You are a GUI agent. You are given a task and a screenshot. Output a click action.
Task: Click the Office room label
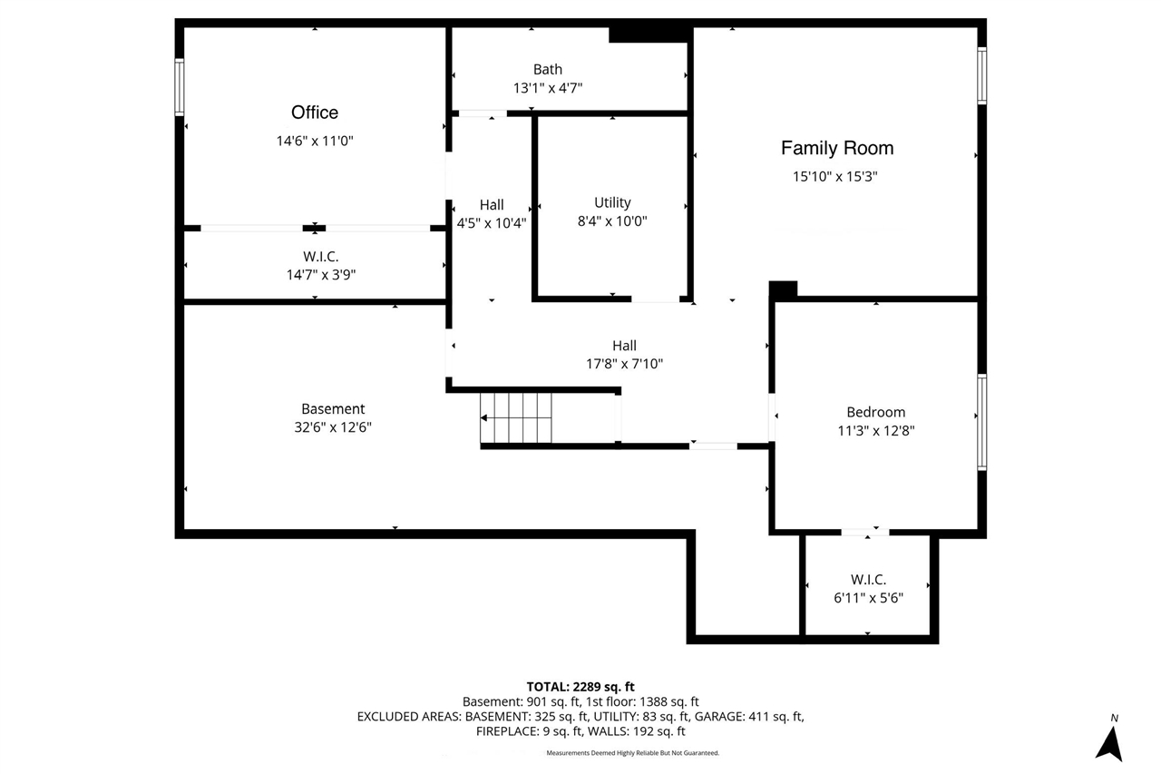tap(314, 113)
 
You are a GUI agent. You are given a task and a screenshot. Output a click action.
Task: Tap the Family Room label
tap(836, 148)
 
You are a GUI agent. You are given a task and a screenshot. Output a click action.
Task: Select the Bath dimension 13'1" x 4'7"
tap(547, 88)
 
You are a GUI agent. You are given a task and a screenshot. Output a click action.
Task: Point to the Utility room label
tap(612, 202)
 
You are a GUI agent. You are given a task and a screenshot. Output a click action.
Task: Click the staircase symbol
tap(516, 417)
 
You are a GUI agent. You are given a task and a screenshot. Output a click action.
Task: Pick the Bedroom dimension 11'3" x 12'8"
tap(875, 431)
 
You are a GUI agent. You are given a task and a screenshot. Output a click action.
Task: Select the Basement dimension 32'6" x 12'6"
tap(333, 426)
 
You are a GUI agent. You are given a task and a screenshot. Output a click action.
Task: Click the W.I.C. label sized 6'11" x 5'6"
tap(868, 579)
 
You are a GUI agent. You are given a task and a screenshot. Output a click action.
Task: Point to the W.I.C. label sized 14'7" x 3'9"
tap(320, 257)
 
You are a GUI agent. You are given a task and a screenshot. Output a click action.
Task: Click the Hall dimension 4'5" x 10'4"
tap(491, 221)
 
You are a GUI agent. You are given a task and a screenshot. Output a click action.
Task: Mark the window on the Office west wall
tap(180, 87)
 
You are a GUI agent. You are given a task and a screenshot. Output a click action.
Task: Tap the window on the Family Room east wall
tap(981, 75)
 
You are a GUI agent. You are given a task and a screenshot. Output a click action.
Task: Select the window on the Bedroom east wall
tap(981, 422)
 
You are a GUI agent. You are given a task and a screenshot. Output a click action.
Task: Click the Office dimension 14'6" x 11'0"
tap(314, 141)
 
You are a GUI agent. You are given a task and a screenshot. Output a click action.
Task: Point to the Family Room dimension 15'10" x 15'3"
tap(834, 177)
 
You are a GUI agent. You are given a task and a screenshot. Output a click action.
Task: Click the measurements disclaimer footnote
tap(632, 752)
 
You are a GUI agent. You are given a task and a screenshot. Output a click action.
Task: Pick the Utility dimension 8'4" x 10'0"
tap(612, 220)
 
